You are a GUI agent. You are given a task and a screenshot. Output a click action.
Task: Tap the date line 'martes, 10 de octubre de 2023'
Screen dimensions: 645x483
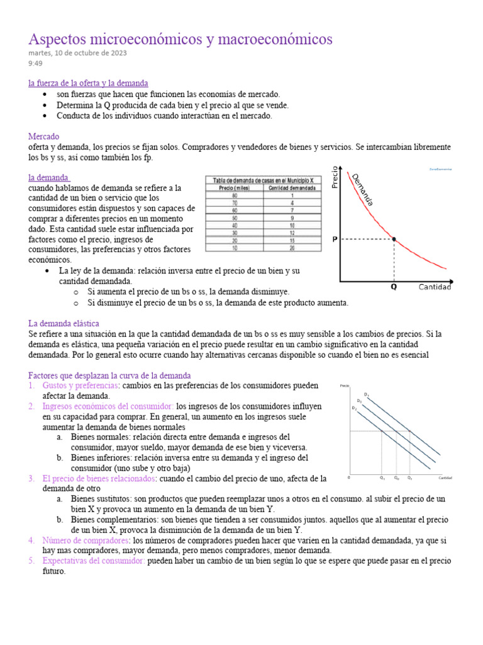(x=77, y=53)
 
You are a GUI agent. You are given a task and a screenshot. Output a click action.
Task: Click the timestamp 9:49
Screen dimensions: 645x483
(x=35, y=64)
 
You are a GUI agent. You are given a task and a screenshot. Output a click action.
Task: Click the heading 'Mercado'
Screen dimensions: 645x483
(x=44, y=136)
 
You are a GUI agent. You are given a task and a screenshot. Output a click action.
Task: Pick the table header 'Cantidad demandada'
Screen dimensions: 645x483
(x=292, y=188)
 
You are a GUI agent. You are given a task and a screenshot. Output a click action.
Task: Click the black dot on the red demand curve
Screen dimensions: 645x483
(x=394, y=239)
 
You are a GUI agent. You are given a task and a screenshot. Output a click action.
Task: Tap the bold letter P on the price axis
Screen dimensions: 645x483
(x=335, y=239)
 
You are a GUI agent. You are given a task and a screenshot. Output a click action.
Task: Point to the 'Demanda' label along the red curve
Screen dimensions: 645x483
(x=363, y=189)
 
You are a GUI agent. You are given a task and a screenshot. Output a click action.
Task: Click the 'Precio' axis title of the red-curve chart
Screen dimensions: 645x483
(x=335, y=178)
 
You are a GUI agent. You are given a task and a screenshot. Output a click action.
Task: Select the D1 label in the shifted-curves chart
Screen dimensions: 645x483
(x=366, y=394)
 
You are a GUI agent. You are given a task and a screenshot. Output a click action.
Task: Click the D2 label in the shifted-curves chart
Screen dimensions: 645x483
(x=354, y=408)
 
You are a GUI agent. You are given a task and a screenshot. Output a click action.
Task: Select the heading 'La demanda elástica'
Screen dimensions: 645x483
(x=65, y=323)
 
